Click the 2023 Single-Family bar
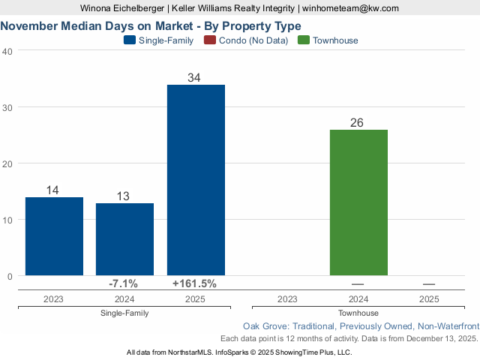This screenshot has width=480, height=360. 54,236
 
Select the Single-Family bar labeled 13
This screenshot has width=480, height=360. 124,239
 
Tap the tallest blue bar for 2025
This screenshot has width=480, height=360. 196,180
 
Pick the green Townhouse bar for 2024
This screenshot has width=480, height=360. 358,202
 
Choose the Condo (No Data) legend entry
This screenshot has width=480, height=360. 253,40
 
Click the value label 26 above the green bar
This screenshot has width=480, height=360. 357,122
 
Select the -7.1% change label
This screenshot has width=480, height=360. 123,283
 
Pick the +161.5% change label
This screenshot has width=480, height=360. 195,283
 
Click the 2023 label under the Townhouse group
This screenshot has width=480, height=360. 286,298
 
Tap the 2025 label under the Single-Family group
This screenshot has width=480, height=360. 195,298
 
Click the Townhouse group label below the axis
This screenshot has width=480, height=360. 358,313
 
